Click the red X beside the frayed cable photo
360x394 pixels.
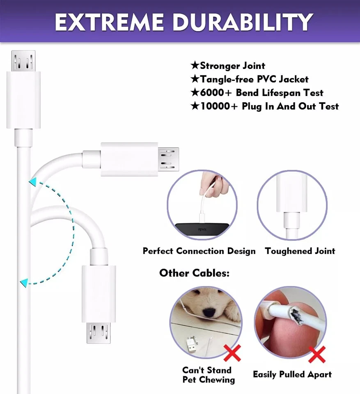[x=316, y=354]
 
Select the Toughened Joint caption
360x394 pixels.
[x=300, y=251]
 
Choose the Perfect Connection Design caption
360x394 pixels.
[x=199, y=251]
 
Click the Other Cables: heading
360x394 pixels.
[x=194, y=273]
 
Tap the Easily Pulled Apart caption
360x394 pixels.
[x=292, y=374]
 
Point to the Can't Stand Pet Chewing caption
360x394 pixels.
[x=208, y=375]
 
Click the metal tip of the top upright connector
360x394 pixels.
[x=23, y=61]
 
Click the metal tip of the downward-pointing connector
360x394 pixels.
[x=99, y=332]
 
